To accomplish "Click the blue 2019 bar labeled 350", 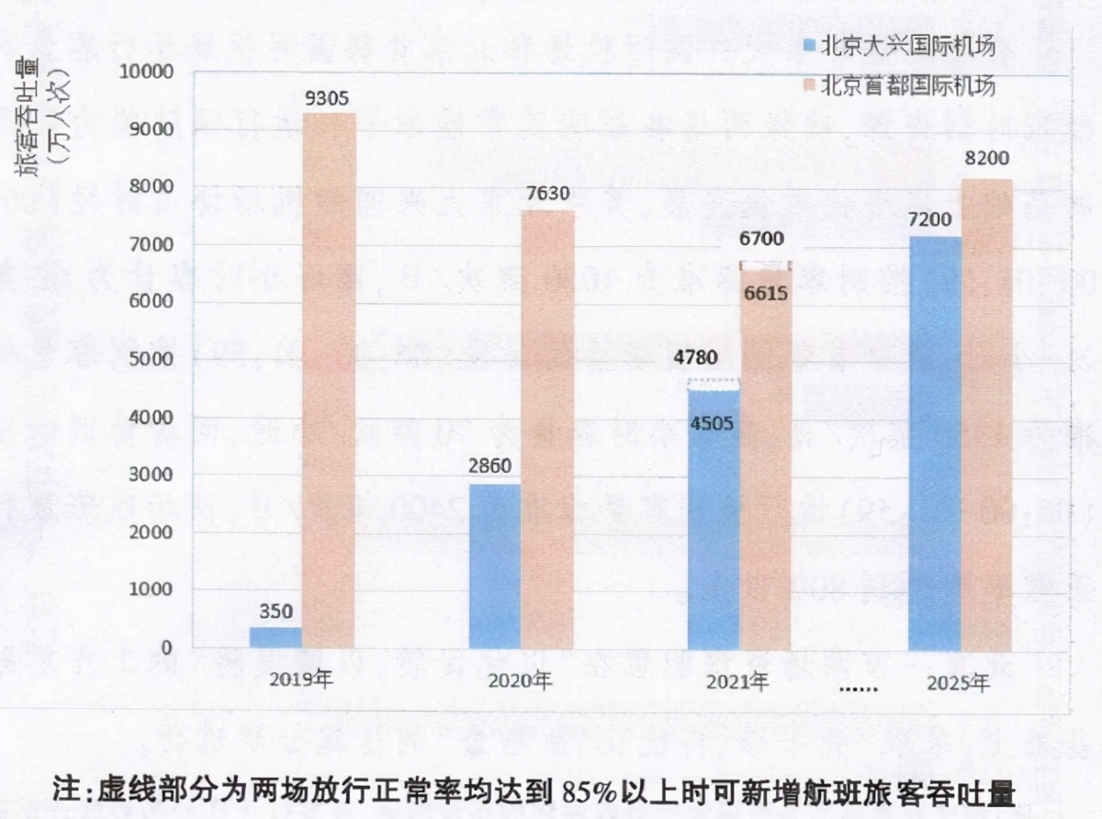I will click(275, 637).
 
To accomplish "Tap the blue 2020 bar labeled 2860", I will click(495, 566).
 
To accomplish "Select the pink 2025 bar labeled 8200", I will click(988, 413).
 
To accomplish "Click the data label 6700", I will click(762, 240).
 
